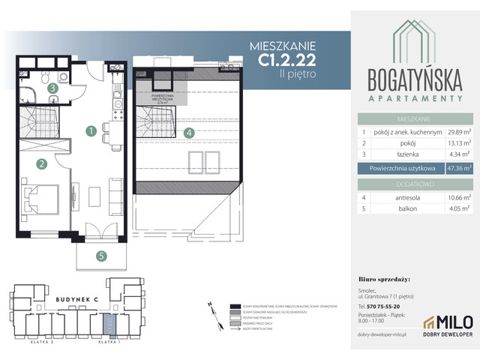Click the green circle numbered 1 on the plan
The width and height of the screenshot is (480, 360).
pyautogui.click(x=90, y=131)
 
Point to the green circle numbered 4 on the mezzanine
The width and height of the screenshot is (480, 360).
pyautogui.click(x=189, y=133)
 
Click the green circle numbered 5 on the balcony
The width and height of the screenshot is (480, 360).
pyautogui.click(x=100, y=255)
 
